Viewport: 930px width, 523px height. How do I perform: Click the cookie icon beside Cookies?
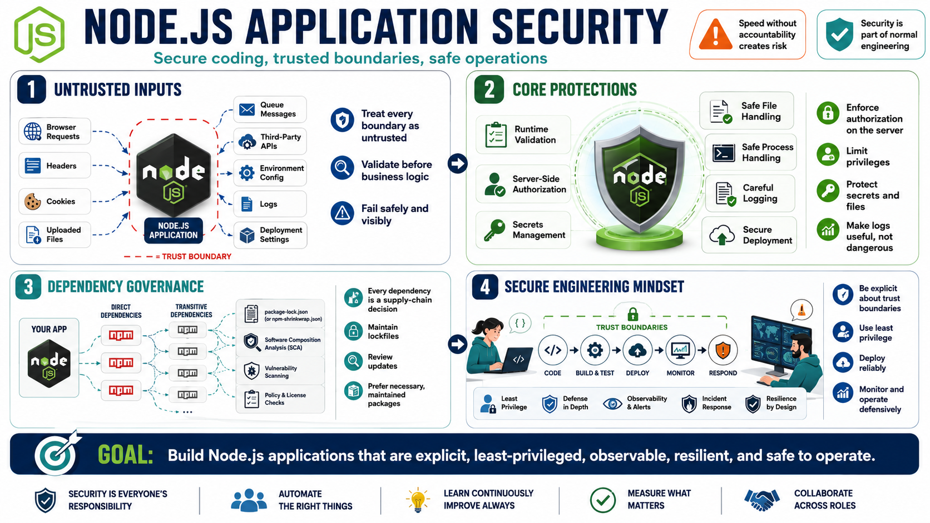(32, 202)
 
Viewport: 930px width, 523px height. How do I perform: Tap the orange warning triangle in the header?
(715, 34)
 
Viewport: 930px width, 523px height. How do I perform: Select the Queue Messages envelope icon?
(247, 109)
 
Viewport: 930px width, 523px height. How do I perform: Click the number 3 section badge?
(28, 287)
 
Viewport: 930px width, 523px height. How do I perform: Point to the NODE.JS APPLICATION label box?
(174, 231)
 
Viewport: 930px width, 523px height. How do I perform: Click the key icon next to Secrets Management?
(494, 230)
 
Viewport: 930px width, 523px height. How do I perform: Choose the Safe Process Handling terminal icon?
(723, 153)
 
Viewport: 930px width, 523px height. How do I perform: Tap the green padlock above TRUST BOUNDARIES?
(632, 314)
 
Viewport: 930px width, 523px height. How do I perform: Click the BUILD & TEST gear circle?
(595, 351)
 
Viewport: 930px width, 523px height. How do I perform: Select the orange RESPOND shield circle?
(723, 351)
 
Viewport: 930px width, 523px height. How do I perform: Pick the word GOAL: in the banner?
(125, 455)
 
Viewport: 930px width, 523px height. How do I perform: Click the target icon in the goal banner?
(56, 454)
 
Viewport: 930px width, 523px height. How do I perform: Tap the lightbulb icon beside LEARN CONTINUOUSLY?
(417, 500)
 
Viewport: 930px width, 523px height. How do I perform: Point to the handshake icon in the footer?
(761, 500)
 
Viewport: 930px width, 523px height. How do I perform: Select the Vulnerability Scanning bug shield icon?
(251, 371)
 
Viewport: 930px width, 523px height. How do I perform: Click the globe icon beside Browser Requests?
(32, 132)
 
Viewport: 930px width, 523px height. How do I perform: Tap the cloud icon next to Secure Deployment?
(722, 235)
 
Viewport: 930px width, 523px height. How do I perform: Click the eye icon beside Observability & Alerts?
(612, 404)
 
